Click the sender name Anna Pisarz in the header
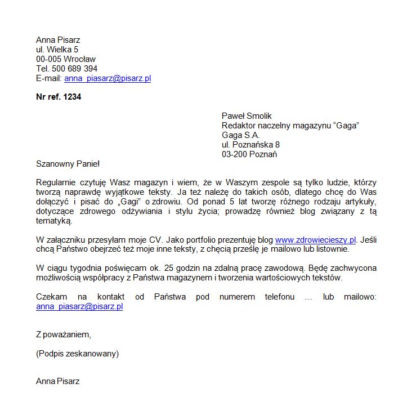tap(58, 40)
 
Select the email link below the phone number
tap(108, 78)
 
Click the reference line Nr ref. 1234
tap(59, 97)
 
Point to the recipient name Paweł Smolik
tap(247, 116)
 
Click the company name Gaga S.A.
tap(241, 135)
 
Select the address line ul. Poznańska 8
tap(250, 145)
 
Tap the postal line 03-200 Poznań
tap(249, 154)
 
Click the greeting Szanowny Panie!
tap(68, 164)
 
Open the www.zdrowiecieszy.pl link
tap(316, 239)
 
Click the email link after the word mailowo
tap(79, 306)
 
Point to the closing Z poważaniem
tap(63, 334)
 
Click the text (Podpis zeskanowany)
tap(77, 354)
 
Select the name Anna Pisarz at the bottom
tap(58, 381)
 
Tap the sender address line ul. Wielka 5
tap(57, 50)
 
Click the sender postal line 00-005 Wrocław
tap(66, 59)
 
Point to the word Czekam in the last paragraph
tap(51, 297)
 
